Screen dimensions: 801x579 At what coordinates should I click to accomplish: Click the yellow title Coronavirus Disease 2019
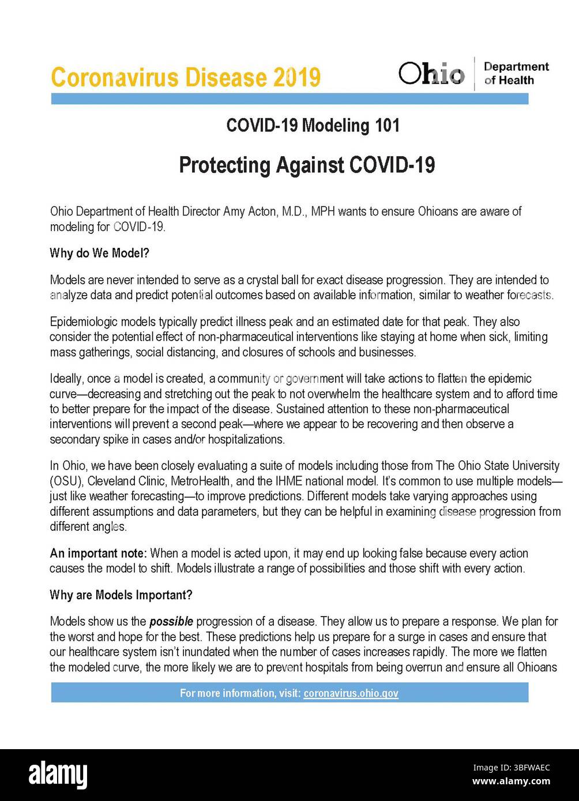coord(186,77)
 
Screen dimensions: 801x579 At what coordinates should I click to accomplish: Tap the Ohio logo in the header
coord(431,74)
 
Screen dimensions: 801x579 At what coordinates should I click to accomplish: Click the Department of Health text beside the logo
coord(516,74)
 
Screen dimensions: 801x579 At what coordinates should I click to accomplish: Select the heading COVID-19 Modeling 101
coord(313,125)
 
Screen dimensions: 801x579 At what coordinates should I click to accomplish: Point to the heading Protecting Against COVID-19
coord(307,165)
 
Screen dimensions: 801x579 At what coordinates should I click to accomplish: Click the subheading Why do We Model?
coord(99,253)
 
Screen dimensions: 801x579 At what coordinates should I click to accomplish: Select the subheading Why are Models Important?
coord(121,595)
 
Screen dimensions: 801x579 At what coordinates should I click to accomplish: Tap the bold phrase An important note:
coord(99,553)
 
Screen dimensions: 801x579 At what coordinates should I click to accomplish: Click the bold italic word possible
coord(171,622)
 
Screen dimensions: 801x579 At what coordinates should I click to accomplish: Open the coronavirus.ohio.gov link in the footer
coord(351,693)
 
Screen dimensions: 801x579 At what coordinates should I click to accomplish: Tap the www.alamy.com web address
coord(511,782)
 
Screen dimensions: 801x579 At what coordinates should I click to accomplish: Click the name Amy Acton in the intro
coord(250,211)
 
